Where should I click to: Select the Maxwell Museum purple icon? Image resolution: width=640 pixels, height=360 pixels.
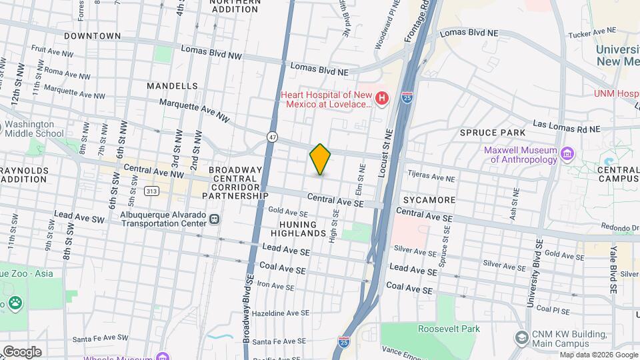click(x=567, y=155)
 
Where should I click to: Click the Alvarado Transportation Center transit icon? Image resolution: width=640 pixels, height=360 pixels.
click(x=214, y=219)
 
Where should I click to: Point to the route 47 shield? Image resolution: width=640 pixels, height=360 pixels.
click(x=272, y=137)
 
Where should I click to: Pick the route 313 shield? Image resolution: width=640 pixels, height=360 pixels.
click(x=152, y=191)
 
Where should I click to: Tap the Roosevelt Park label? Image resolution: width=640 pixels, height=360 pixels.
click(x=449, y=329)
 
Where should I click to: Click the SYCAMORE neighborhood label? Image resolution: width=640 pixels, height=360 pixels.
click(x=429, y=199)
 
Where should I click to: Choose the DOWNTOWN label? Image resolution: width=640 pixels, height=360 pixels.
click(x=93, y=36)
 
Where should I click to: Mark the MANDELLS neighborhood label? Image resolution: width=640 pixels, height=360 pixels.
click(x=172, y=86)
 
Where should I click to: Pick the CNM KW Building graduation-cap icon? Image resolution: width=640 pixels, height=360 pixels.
click(x=521, y=338)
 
